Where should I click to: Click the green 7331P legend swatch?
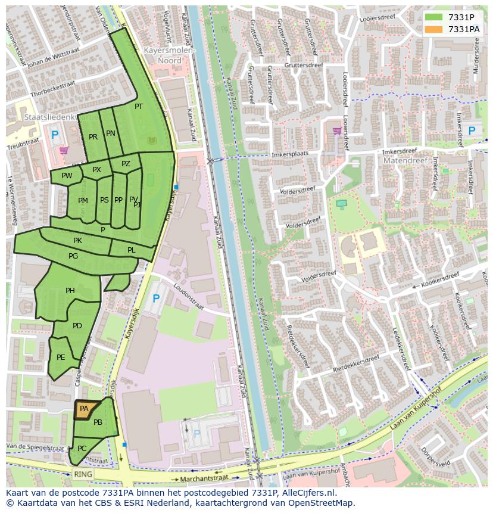coord(433,17)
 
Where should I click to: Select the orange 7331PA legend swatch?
coord(433,29)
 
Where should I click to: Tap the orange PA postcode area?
coord(84,409)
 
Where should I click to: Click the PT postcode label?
coord(139,107)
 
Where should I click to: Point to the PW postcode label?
coord(67,176)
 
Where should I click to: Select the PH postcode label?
coord(70,291)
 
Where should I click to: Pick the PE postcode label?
coord(61,357)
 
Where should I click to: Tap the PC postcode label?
coord(82,448)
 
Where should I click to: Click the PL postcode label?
coord(132,250)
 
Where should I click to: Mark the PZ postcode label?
coord(126,164)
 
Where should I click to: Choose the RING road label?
coord(83,474)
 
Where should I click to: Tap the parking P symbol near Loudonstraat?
coord(156,299)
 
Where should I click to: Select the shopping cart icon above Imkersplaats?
coord(337,130)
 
